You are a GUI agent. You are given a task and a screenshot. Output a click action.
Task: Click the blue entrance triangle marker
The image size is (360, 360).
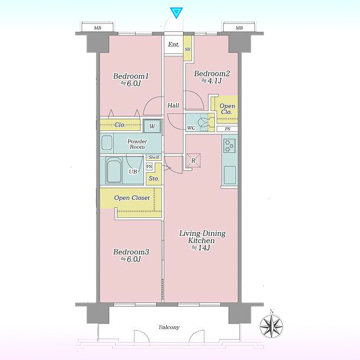pyautogui.click(x=176, y=13)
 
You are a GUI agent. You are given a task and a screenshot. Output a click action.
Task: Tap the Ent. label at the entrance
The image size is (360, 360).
pyautogui.click(x=173, y=44)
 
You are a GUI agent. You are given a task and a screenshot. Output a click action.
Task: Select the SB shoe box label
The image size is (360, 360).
pyautogui.click(x=188, y=49)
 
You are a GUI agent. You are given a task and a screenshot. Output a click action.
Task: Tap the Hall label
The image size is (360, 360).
pyautogui.click(x=173, y=106)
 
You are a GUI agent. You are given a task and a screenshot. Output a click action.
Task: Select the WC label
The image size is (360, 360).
pyautogui.click(x=191, y=128)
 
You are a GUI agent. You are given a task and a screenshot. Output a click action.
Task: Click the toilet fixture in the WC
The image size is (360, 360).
pyautogui.click(x=203, y=122)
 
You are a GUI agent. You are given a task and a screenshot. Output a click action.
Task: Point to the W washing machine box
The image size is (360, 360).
pyautogui.click(x=152, y=126)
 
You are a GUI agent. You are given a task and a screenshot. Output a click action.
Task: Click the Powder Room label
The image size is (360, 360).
pyautogui.click(x=137, y=144)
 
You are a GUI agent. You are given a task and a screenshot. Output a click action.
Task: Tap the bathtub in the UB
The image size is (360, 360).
pyautogui.click(x=114, y=170)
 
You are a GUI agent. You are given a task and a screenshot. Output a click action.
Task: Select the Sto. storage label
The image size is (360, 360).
pyautogui.click(x=154, y=178)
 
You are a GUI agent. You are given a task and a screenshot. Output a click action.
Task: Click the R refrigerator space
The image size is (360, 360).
pyautogui.click(x=193, y=160)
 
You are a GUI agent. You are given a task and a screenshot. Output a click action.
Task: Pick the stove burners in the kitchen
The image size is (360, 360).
pyautogui.click(x=229, y=146)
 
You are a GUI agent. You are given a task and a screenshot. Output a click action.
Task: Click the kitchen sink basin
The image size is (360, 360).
pyautogui.click(x=230, y=175)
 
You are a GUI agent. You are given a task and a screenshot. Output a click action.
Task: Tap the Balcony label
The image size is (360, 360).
pyautogui.click(x=169, y=327)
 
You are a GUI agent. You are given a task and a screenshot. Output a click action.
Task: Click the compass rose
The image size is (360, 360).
pyautogui.click(x=271, y=326)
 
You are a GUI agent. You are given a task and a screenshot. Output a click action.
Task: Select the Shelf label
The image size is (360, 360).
pyautogui.click(x=154, y=157)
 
